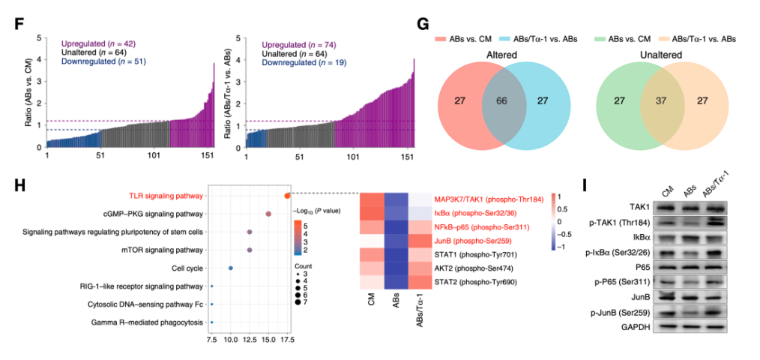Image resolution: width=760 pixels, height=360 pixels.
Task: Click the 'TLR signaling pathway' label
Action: (166, 196)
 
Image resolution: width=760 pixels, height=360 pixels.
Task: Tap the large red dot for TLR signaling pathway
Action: (287, 196)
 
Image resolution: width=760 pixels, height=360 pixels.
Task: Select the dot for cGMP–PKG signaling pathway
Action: (268, 214)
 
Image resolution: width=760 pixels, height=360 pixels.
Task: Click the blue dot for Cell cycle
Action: (231, 268)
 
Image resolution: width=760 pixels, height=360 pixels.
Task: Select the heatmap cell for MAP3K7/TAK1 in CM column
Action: (373, 201)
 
